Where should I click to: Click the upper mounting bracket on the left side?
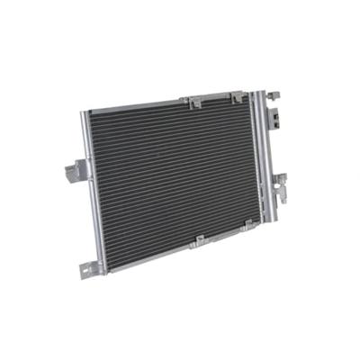point(78,168)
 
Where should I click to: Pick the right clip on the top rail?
point(237,96)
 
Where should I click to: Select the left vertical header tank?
point(94,189)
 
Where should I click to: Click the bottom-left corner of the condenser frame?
point(103,270)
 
